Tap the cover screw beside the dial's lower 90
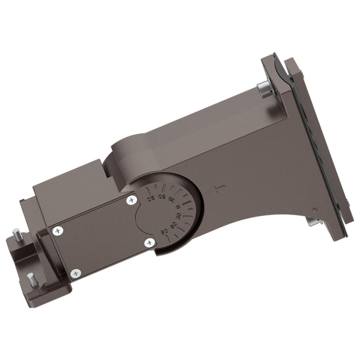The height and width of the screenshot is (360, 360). tap(149, 241)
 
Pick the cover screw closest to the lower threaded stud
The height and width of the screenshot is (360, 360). tap(76, 273)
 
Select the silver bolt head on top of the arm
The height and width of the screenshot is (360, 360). tap(264, 91)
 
